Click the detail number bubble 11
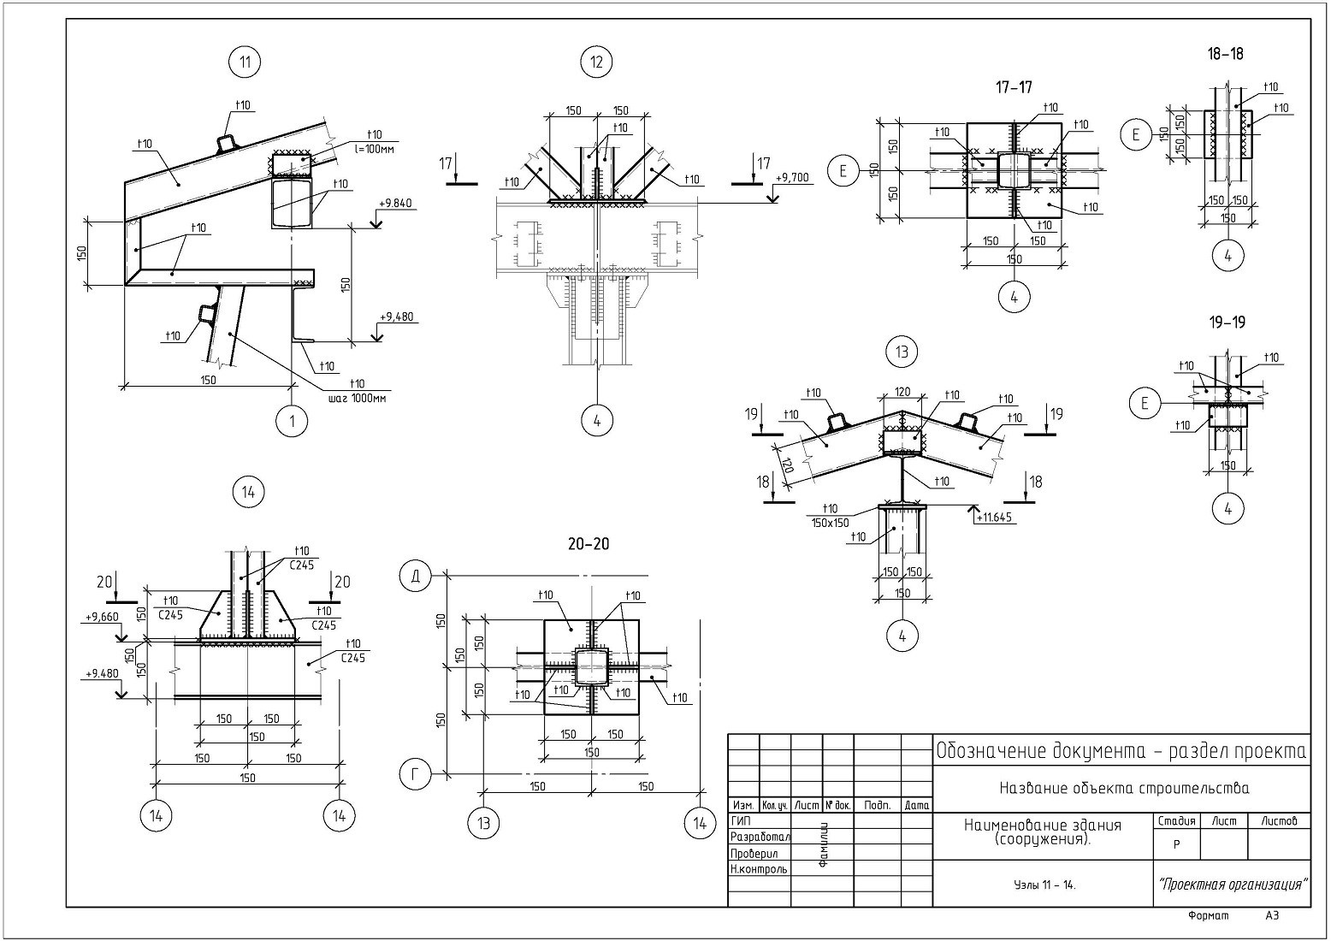point(245,62)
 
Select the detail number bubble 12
point(596,62)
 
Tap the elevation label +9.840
point(394,204)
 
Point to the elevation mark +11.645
point(993,517)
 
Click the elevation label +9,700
point(791,178)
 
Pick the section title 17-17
point(1014,86)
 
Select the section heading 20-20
point(588,544)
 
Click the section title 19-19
point(1227,323)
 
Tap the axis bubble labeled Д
point(415,577)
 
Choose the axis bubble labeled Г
point(415,775)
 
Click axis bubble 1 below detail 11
point(293,422)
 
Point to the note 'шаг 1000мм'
point(356,397)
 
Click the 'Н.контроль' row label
point(759,868)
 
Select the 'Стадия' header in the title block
point(1176,821)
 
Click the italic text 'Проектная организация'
point(1233,884)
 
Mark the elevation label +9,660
point(101,616)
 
